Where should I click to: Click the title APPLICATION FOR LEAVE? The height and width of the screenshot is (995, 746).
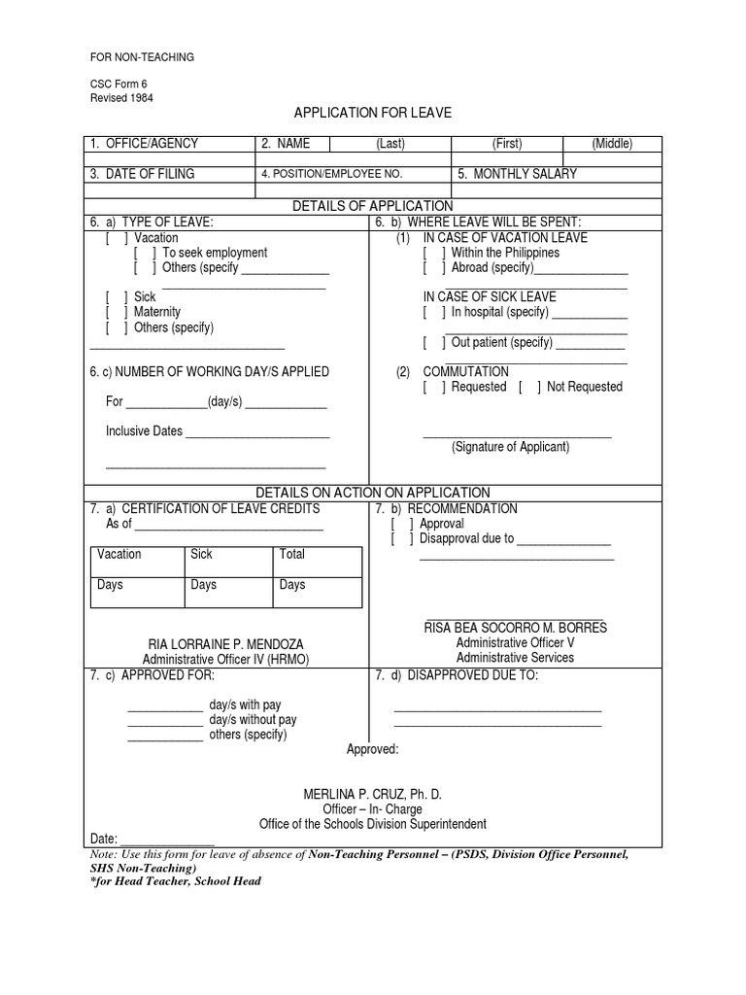(x=373, y=114)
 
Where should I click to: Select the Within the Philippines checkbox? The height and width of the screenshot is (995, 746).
(x=434, y=253)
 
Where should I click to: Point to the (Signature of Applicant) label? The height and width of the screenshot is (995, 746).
(x=510, y=447)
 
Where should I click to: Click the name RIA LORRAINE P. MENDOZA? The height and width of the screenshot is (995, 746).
(x=224, y=644)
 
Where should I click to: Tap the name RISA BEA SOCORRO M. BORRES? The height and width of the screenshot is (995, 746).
(x=515, y=628)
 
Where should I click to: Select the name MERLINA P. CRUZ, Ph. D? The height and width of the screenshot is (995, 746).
(x=373, y=794)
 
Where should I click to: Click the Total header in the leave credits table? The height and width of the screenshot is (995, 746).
(x=291, y=554)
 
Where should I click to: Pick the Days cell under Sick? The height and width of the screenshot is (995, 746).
(x=203, y=585)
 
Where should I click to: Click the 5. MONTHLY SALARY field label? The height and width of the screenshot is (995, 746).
(x=517, y=174)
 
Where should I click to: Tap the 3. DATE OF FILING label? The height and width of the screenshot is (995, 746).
(x=142, y=174)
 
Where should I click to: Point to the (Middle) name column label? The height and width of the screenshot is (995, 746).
(x=612, y=144)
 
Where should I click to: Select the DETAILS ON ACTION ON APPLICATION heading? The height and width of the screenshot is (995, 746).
(x=373, y=493)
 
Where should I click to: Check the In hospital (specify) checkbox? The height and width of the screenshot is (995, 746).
(x=434, y=313)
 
